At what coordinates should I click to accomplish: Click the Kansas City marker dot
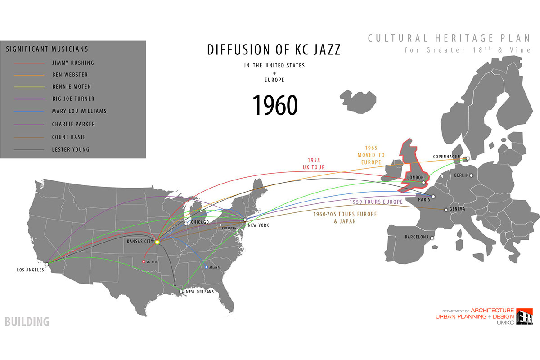[157, 242]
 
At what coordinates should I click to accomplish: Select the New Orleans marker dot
[181, 291]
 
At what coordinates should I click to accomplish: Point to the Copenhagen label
[446, 157]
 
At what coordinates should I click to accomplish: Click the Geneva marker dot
[446, 210]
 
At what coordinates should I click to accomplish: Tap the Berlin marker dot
[471, 175]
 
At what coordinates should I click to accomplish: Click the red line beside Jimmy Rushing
[29, 63]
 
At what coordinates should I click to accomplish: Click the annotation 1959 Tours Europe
[376, 202]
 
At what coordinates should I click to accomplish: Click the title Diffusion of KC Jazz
[274, 49]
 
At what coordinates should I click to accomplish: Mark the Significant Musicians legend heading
[47, 49]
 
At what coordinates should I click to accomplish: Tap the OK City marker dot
[144, 261]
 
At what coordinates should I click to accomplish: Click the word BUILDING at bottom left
[27, 322]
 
